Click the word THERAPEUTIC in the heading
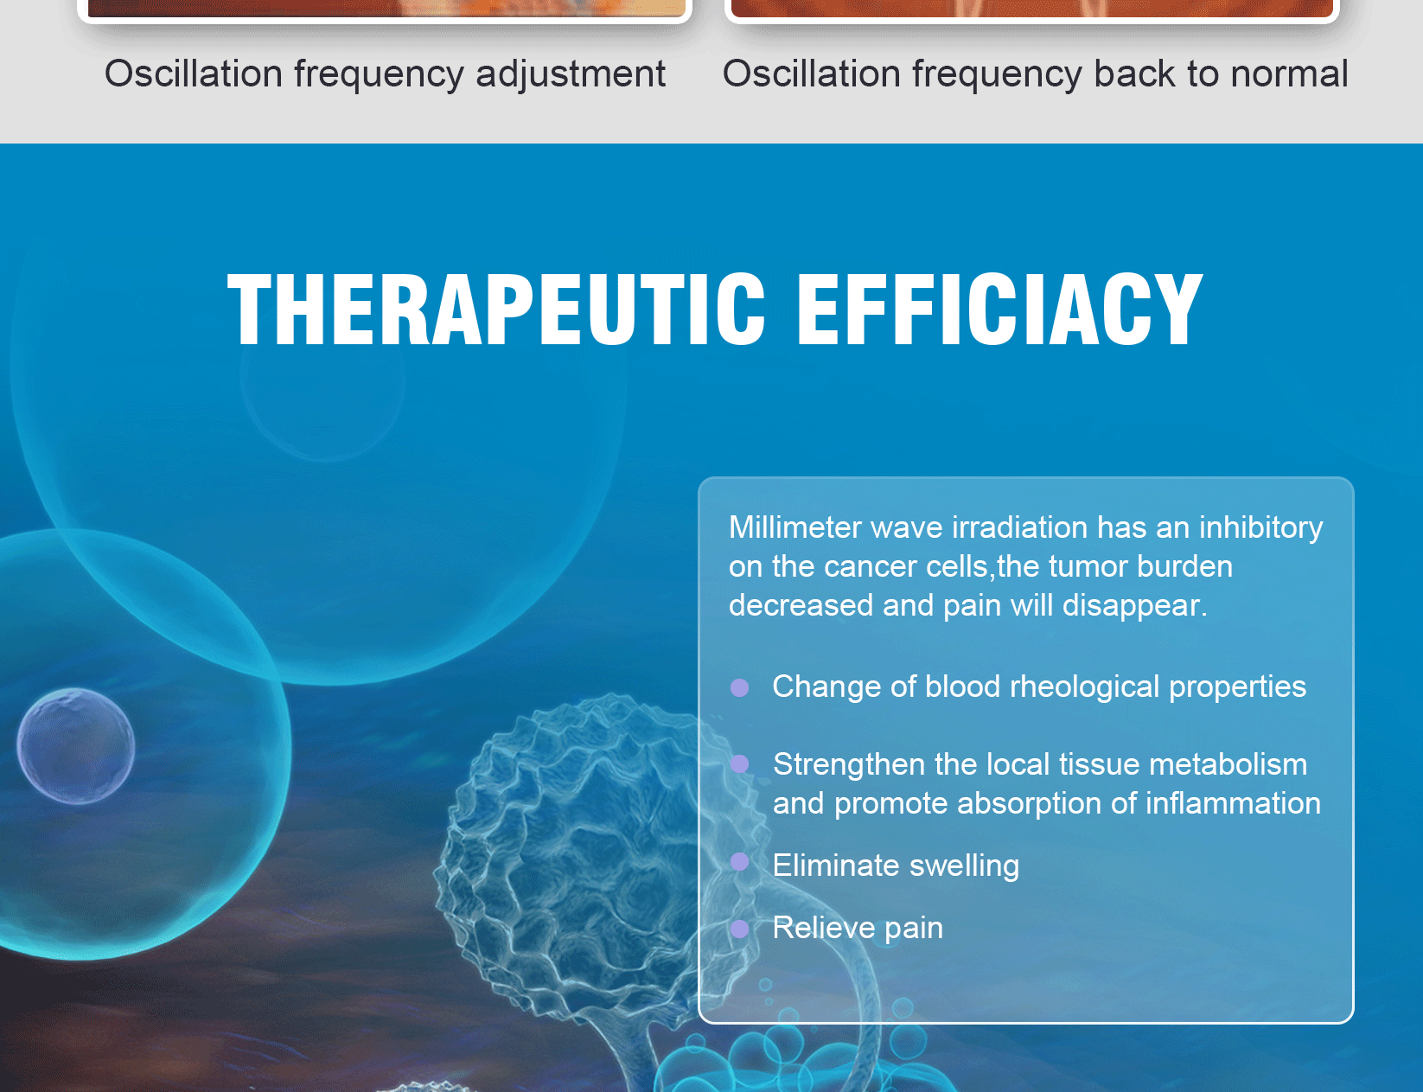495,309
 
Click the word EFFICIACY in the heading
999,309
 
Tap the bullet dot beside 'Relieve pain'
739,929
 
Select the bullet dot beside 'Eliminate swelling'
739,861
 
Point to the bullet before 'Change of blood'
739,687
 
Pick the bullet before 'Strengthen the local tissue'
739,764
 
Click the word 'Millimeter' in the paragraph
795,527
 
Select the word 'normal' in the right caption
1289,73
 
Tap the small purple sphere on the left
76,745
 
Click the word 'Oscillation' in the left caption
193,73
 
